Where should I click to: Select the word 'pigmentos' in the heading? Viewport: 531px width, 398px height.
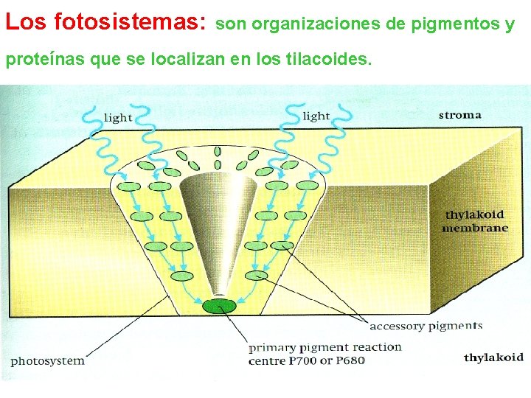click(x=459, y=24)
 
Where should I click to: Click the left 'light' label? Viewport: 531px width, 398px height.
click(x=118, y=117)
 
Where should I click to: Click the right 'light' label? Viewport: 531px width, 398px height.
click(x=316, y=116)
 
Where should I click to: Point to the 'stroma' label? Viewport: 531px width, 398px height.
click(x=459, y=114)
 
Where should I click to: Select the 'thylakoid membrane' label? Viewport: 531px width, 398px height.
click(x=475, y=221)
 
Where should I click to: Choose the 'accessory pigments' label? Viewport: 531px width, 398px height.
click(x=426, y=326)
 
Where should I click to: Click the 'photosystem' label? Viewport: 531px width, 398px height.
click(x=47, y=361)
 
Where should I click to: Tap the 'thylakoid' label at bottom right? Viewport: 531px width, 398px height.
click(x=493, y=357)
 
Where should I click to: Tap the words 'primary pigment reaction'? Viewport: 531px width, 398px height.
click(x=324, y=347)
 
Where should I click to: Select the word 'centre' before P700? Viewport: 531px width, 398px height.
click(x=266, y=361)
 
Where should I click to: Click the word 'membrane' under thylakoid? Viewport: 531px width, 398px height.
click(x=475, y=228)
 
